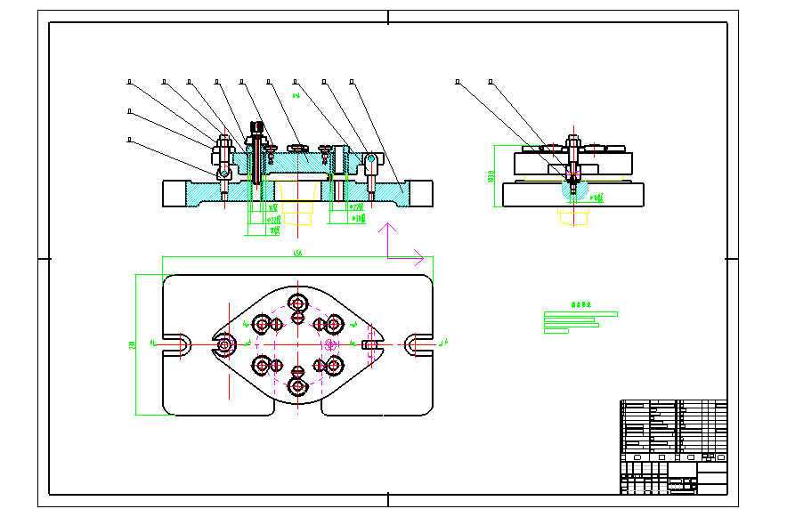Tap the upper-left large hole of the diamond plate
pyautogui.click(x=262, y=322)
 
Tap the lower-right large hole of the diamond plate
pyautogui.click(x=334, y=364)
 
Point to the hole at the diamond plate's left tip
pyautogui.click(x=223, y=343)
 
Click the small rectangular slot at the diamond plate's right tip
pyautogui.click(x=369, y=343)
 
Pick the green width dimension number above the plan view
pyautogui.click(x=297, y=254)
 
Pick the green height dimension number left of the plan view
pyautogui.click(x=133, y=344)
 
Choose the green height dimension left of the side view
pyautogui.click(x=491, y=176)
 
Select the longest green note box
pyautogui.click(x=580, y=314)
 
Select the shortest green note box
pyautogui.click(x=556, y=331)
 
